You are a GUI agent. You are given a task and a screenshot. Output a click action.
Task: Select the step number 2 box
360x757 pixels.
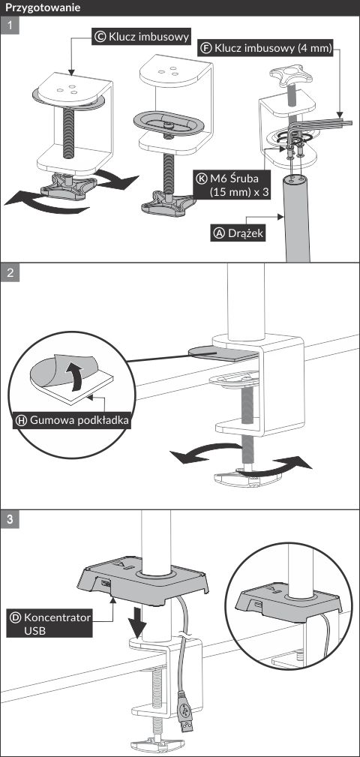[10, 272]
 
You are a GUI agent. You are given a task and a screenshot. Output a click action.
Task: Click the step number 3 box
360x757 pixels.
[10, 519]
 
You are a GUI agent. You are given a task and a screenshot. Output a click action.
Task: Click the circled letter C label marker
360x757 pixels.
[100, 36]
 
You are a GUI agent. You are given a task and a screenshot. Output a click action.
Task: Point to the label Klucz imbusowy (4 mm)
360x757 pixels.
[266, 49]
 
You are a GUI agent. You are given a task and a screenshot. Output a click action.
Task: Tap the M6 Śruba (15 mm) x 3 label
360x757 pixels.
[232, 185]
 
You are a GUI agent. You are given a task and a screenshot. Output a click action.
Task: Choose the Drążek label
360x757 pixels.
[238, 233]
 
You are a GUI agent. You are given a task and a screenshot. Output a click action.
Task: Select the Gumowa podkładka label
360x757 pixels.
[73, 420]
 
